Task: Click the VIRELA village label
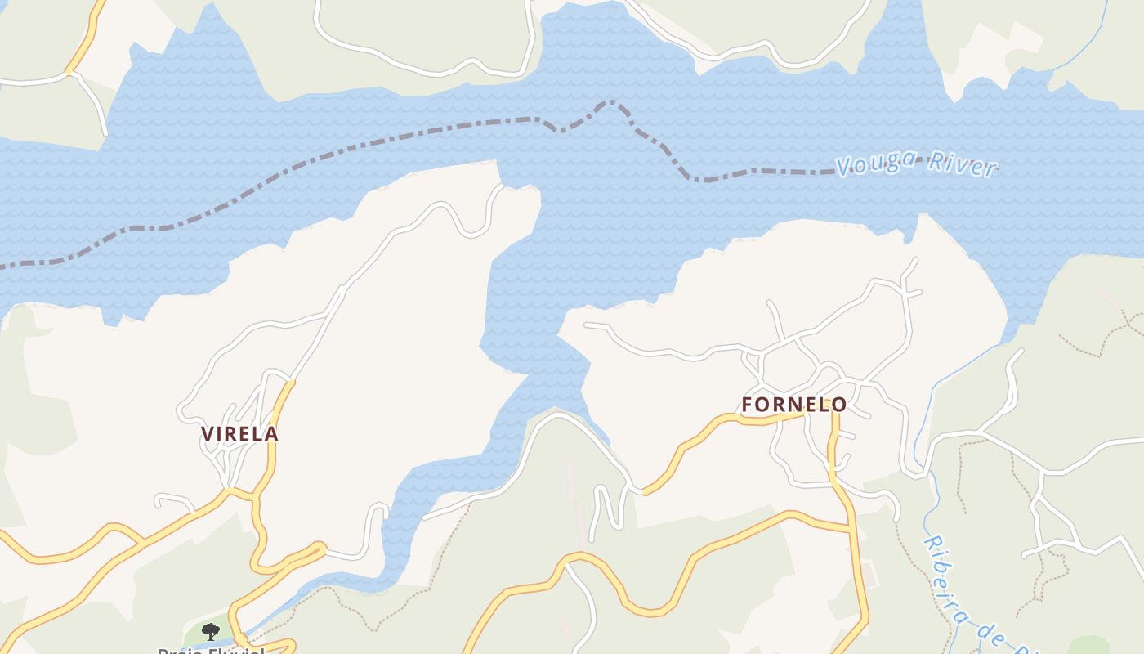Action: click(x=239, y=434)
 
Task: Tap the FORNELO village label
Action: click(x=793, y=405)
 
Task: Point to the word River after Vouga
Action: click(x=962, y=166)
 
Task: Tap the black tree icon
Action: click(x=211, y=631)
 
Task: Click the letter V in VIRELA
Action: click(x=208, y=434)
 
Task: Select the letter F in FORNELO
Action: click(x=748, y=405)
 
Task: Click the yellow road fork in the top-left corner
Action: click(x=70, y=72)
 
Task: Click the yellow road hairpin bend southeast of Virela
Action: click(x=320, y=546)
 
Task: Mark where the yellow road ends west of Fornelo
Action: click(x=645, y=492)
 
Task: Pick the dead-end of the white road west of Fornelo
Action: click(x=587, y=325)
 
